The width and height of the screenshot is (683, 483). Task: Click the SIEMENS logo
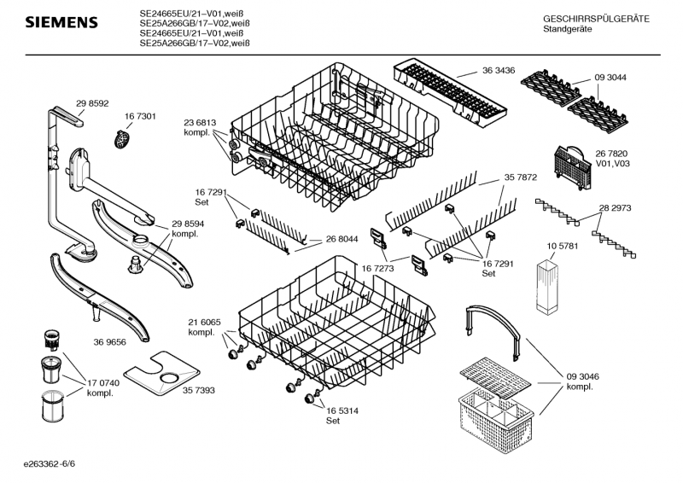pyautogui.click(x=61, y=23)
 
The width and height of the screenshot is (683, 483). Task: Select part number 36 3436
pyautogui.click(x=499, y=71)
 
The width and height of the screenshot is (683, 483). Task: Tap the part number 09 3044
pyautogui.click(x=610, y=78)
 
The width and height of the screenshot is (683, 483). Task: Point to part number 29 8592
pyautogui.click(x=92, y=103)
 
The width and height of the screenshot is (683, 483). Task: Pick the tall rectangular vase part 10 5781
pyautogui.click(x=548, y=286)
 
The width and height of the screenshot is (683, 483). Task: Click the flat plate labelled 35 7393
pyautogui.click(x=162, y=373)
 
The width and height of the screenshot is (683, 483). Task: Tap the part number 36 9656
pyautogui.click(x=110, y=342)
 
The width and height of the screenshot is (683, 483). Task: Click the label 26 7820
pyautogui.click(x=611, y=154)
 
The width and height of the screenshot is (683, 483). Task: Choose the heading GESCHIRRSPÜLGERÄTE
pyautogui.click(x=596, y=19)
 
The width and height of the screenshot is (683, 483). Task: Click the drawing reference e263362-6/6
pyautogui.click(x=50, y=463)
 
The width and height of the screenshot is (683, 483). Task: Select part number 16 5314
pyautogui.click(x=342, y=411)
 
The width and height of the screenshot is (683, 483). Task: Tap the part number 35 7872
pyautogui.click(x=521, y=177)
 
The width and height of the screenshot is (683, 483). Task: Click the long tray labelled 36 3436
pyautogui.click(x=451, y=94)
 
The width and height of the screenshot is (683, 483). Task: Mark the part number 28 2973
pyautogui.click(x=615, y=208)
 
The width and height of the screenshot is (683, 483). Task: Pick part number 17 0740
pyautogui.click(x=103, y=383)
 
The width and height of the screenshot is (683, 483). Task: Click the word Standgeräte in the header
pyautogui.click(x=568, y=29)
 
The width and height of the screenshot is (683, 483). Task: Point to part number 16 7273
pyautogui.click(x=377, y=269)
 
